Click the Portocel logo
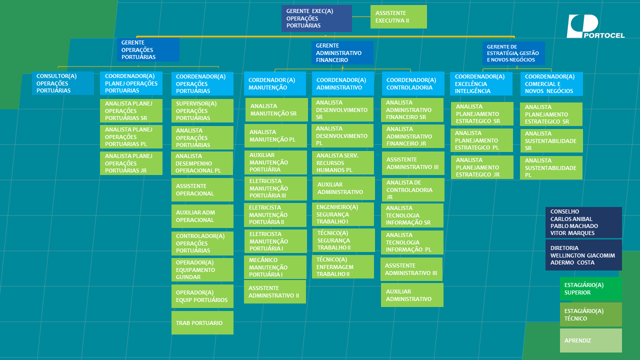pyautogui.click(x=595, y=26)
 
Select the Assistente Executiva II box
pyautogui.click(x=398, y=17)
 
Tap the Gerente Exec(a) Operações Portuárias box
pyautogui.click(x=316, y=18)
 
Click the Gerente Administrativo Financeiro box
pyautogui.click(x=342, y=53)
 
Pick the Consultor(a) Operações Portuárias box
pyautogui.click(x=63, y=83)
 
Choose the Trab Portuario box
pyautogui.click(x=202, y=323)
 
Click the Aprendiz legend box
pyautogui.click(x=591, y=340)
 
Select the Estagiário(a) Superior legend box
pyautogui.click(x=591, y=288)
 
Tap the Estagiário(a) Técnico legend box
pyautogui.click(x=591, y=314)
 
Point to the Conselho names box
pyautogui.click(x=583, y=222)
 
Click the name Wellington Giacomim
pyautogui.click(x=582, y=255)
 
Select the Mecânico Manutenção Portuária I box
pyautogui.click(x=275, y=267)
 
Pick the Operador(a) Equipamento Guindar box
pyautogui.click(x=202, y=269)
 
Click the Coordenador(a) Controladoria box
pyautogui.click(x=413, y=83)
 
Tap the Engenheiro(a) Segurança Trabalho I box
pyautogui.click(x=343, y=214)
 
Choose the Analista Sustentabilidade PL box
pyautogui.click(x=551, y=167)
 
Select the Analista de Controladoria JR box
pyautogui.click(x=413, y=189)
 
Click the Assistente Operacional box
pyautogui.click(x=202, y=189)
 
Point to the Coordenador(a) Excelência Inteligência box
pyautogui.click(x=481, y=83)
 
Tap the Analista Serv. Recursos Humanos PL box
pyautogui.click(x=343, y=163)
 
